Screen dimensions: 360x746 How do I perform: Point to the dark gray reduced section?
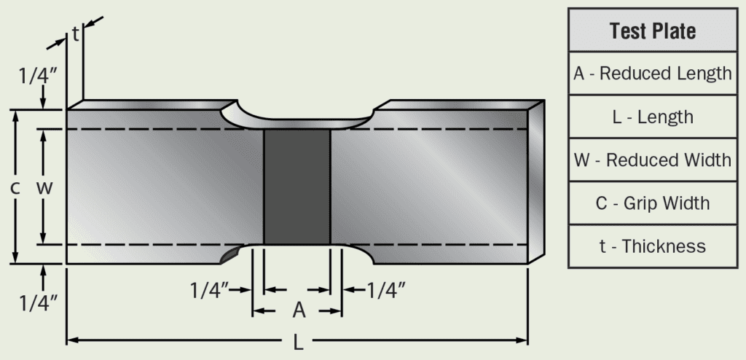(297, 187)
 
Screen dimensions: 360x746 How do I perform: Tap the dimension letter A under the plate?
(298, 311)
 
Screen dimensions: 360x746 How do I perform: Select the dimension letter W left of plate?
(44, 187)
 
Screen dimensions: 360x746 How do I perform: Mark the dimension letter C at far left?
(15, 187)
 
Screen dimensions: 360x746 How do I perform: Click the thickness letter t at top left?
(75, 34)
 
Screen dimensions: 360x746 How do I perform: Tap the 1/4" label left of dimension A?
(211, 290)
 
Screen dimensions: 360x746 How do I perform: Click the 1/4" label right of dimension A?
(385, 290)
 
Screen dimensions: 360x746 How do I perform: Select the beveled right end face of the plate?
(536, 182)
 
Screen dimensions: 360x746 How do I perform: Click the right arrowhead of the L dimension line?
(523, 340)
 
